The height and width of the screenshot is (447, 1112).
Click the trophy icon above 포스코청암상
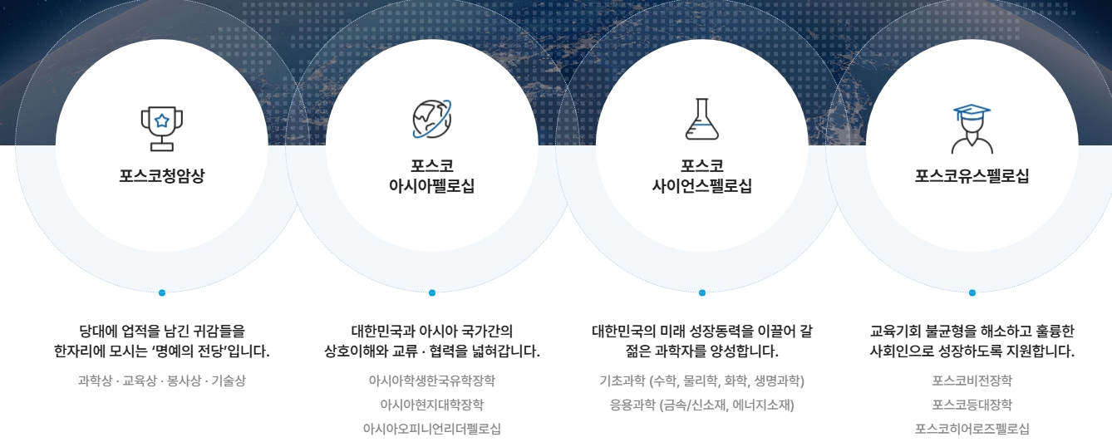tap(162, 129)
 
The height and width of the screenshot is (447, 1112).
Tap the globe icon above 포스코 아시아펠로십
tap(432, 119)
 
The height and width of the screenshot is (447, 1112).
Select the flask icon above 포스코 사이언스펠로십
tap(702, 119)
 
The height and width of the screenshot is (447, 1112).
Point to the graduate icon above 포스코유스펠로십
tap(972, 129)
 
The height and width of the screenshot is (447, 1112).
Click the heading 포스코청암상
tap(162, 175)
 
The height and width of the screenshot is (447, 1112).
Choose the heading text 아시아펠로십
tap(432, 186)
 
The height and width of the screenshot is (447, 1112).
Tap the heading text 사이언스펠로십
tap(702, 186)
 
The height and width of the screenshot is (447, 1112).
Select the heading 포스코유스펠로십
tap(972, 175)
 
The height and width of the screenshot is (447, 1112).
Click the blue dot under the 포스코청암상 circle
tap(162, 292)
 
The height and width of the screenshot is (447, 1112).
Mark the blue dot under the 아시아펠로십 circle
tap(432, 292)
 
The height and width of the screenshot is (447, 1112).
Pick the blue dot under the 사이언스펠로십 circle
tap(702, 292)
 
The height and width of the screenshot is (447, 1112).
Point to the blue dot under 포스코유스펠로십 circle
tap(972, 292)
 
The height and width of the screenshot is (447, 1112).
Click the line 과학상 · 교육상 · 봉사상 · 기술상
tap(162, 381)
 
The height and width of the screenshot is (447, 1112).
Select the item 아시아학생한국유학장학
tap(432, 381)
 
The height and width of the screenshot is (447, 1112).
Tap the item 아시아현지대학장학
tap(432, 405)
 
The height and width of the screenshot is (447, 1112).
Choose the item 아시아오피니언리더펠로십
tap(432, 429)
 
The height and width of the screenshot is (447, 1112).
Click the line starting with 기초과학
tap(702, 381)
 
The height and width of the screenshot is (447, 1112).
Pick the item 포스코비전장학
tap(972, 381)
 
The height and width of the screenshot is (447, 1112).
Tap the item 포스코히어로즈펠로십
tap(972, 429)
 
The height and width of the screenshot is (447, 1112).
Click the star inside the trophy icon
tap(162, 120)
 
